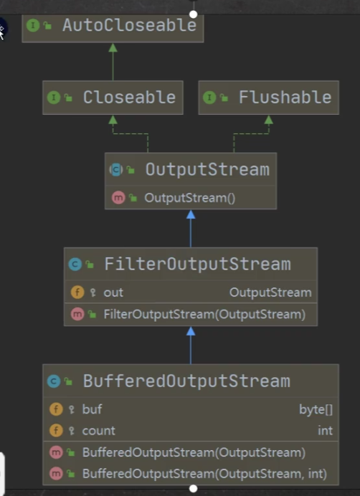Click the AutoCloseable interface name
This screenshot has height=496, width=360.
pyautogui.click(x=130, y=25)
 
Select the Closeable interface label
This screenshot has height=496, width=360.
pyautogui.click(x=129, y=97)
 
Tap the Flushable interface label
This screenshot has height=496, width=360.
pyautogui.click(x=285, y=97)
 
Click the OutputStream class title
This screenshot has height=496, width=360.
pyautogui.click(x=207, y=170)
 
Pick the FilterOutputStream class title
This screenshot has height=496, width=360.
pyautogui.click(x=197, y=264)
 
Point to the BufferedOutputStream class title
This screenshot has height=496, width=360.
pyautogui.click(x=186, y=381)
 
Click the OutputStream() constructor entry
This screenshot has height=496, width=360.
pyautogui.click(x=189, y=199)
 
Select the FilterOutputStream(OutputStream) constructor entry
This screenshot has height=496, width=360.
pyautogui.click(x=204, y=315)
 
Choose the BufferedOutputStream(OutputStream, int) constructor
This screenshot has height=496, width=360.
pyautogui.click(x=204, y=474)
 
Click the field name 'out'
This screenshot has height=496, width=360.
pyautogui.click(x=113, y=292)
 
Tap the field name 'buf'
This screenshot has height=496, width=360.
pyautogui.click(x=92, y=409)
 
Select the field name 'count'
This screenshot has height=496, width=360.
pyautogui.click(x=98, y=431)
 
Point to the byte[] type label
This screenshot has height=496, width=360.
pyautogui.click(x=316, y=410)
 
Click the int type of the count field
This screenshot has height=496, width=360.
pyautogui.click(x=325, y=431)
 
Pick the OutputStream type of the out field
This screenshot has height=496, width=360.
pyautogui.click(x=270, y=292)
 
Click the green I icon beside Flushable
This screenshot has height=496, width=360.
pyautogui.click(x=209, y=97)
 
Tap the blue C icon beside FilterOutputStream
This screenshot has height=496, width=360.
pyautogui.click(x=75, y=264)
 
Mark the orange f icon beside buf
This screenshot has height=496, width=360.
pyautogui.click(x=56, y=409)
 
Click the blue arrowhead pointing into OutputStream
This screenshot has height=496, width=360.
pyautogui.click(x=191, y=214)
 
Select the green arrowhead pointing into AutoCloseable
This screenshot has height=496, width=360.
pyautogui.click(x=113, y=48)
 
